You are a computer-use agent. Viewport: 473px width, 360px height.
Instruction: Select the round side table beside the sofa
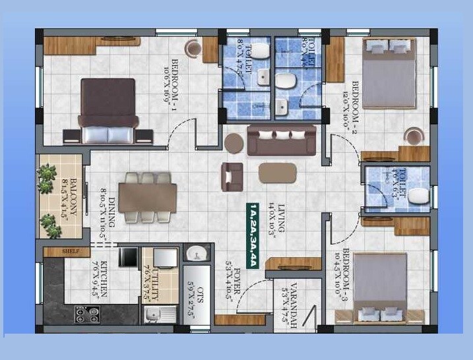pyautogui.click(x=234, y=143)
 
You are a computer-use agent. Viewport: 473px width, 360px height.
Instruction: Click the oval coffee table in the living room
pyautogui.click(x=277, y=173)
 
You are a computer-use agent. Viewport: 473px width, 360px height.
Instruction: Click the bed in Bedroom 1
pyautogui.click(x=109, y=110)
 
